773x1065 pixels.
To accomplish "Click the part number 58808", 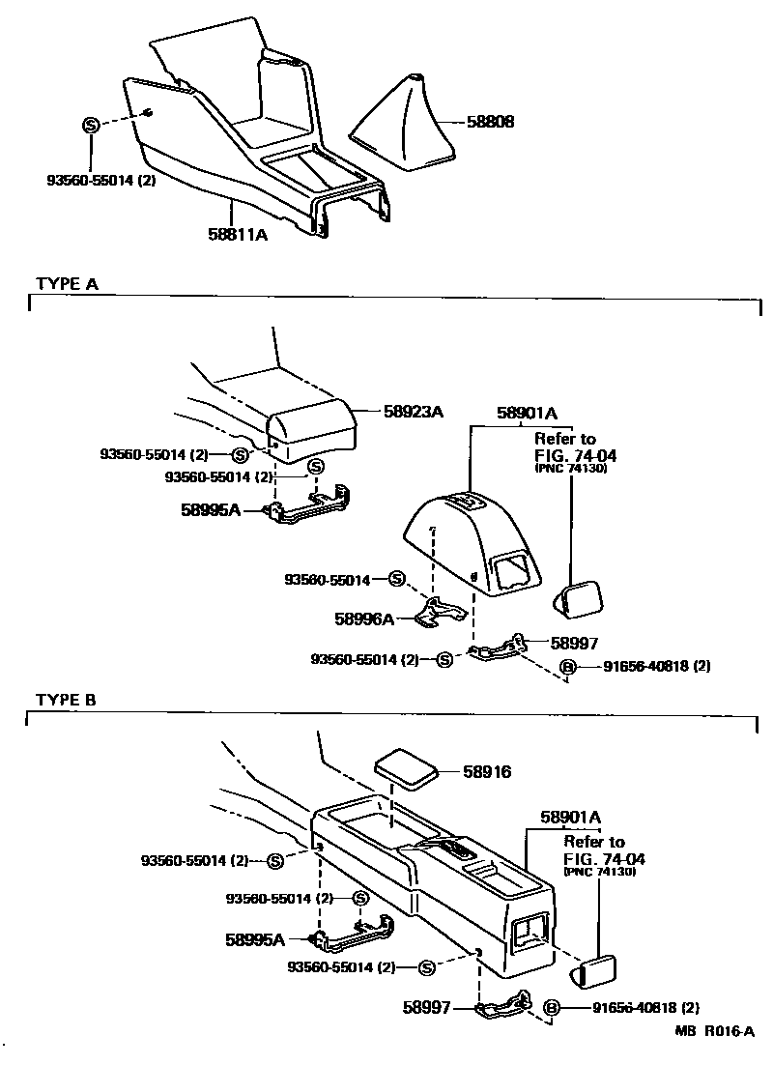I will pos(490,123).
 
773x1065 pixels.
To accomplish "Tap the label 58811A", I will pos(237,233).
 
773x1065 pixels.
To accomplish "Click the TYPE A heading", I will pos(67,283).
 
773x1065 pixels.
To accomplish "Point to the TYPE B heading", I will pos(67,699).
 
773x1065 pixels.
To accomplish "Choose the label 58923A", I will pos(412,412).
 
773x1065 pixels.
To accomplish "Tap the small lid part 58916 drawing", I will pos(406,766).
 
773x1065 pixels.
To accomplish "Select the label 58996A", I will pos(365,619).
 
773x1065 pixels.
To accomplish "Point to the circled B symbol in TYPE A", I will pos(567,666).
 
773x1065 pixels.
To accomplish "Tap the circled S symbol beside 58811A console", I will pos(90,125).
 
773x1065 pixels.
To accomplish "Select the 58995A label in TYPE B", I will pos(255,938).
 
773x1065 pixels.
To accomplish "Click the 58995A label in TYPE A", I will pos(209,509).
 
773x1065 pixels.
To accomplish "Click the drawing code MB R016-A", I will pos(714,1031).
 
